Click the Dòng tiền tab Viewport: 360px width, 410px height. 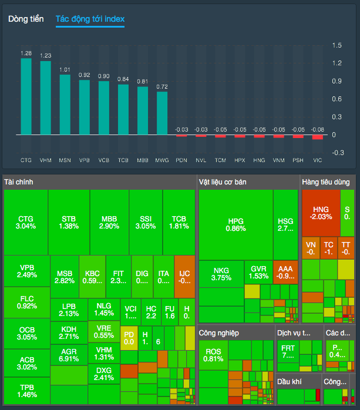coord(26,19)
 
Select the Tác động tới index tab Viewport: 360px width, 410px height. coord(90,19)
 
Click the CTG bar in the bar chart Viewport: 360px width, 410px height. coord(26,97)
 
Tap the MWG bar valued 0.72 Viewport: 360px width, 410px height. coord(162,113)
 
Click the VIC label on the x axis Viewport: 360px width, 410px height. coord(318,160)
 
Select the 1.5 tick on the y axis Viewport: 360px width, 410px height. coord(337,45)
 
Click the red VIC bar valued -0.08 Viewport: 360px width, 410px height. coord(318,137)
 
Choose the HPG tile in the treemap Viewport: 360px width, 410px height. coord(235,224)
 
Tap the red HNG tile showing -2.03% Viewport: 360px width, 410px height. coord(321,213)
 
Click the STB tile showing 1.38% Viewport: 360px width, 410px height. coord(69,222)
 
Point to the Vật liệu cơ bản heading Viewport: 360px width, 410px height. coord(223,182)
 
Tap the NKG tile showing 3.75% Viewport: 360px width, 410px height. coord(221,274)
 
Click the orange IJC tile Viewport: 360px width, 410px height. coord(184,276)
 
